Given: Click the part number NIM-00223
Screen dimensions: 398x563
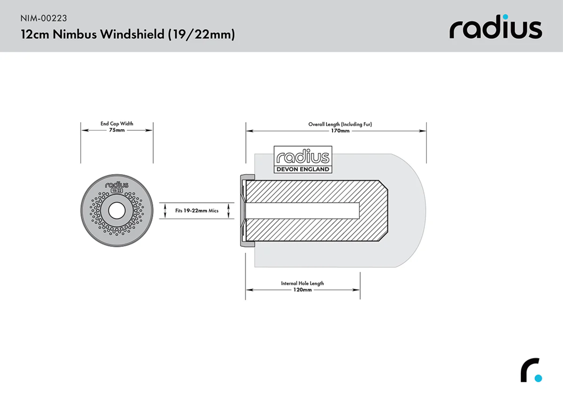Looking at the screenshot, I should click(x=44, y=18).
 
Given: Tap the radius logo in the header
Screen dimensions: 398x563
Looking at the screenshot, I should click(x=495, y=28).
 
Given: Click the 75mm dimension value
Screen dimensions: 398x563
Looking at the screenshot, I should click(x=117, y=131).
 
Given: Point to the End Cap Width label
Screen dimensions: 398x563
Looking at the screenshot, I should click(x=117, y=124).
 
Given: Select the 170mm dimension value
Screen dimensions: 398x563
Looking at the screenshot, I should click(x=340, y=131).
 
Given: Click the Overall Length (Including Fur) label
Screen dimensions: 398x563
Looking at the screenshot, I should click(x=340, y=124).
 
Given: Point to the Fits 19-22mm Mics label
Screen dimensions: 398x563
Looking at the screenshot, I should click(x=197, y=211).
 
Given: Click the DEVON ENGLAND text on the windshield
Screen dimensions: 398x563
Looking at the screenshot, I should click(x=303, y=169).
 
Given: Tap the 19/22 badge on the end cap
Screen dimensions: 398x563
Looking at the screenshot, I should click(x=117, y=191).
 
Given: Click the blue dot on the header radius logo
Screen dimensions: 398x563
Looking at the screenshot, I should click(x=505, y=17).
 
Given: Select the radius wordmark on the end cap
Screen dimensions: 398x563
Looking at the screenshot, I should click(x=117, y=185).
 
